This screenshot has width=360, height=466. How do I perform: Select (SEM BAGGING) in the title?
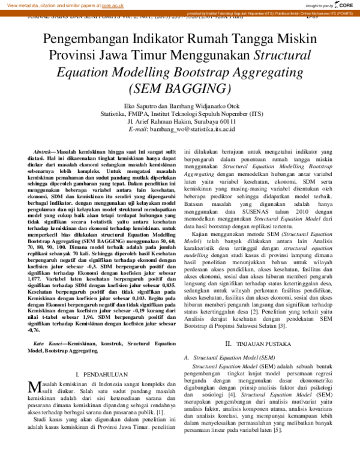click(179, 88)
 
